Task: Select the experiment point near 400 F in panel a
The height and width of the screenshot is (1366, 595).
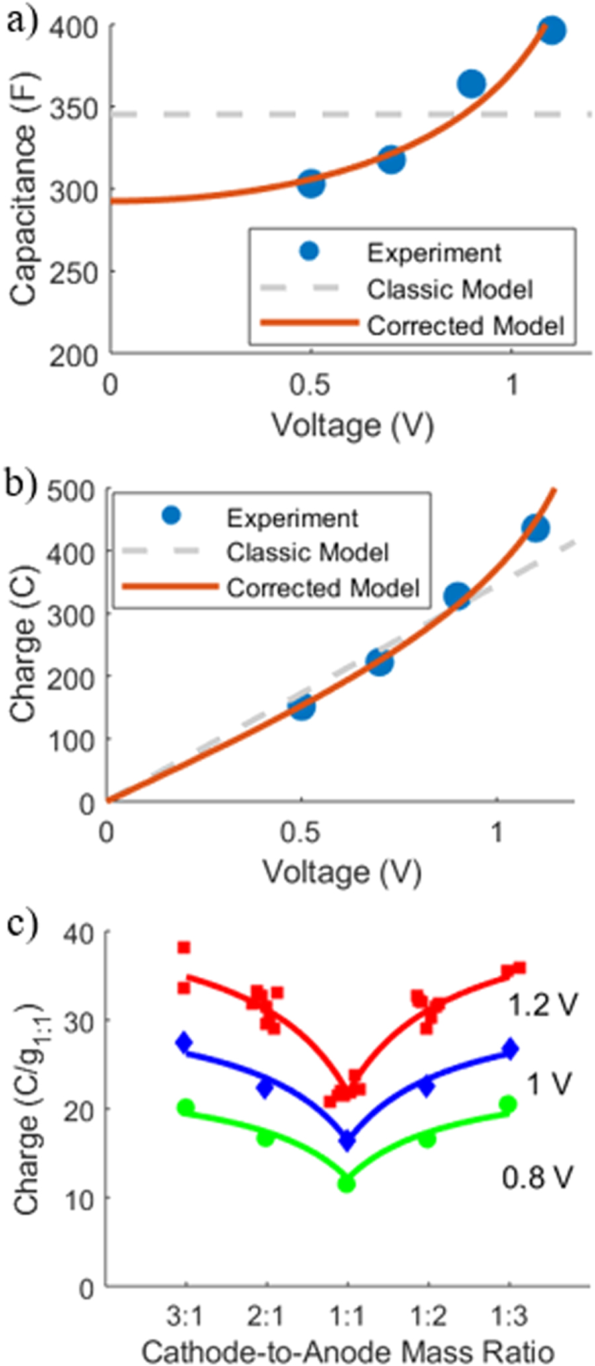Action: coord(551,30)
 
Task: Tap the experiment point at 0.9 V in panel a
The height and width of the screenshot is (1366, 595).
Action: coord(471,83)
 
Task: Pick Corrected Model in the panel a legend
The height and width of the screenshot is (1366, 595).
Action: coord(465,326)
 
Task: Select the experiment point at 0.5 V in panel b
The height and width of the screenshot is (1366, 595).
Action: coord(302,707)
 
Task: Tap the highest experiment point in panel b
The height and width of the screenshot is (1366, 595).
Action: coord(535,528)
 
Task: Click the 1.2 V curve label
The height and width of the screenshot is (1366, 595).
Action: coord(543,1005)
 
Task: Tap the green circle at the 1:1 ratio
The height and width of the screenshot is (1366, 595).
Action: coord(346,1184)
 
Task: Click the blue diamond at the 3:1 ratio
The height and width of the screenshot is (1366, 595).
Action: coord(184,1042)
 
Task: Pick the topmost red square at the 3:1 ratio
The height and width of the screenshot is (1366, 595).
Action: coord(184,948)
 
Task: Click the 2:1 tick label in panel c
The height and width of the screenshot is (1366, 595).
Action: coord(266,1316)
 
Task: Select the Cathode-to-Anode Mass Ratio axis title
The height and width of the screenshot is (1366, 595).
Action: coord(347,1351)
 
